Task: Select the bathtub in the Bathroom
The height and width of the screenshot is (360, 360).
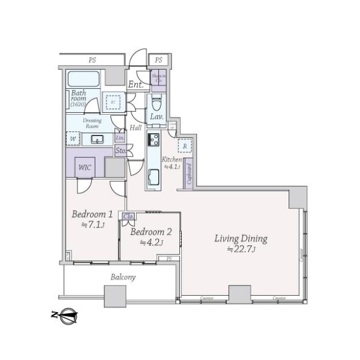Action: (84, 79)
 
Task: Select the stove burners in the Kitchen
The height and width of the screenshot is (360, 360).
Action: (153, 141)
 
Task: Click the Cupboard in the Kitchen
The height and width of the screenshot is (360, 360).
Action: (188, 175)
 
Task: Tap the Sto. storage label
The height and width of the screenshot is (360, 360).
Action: (120, 151)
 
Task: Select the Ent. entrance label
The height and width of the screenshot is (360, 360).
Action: (136, 85)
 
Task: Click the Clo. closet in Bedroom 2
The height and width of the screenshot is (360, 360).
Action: (128, 217)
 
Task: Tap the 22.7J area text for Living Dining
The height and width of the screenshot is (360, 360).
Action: (241, 249)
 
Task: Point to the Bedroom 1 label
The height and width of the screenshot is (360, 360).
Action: (92, 214)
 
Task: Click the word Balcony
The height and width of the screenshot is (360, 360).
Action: (123, 277)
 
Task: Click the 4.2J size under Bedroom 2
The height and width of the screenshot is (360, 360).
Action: (152, 242)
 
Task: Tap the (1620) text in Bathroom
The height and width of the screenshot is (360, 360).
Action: (79, 104)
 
